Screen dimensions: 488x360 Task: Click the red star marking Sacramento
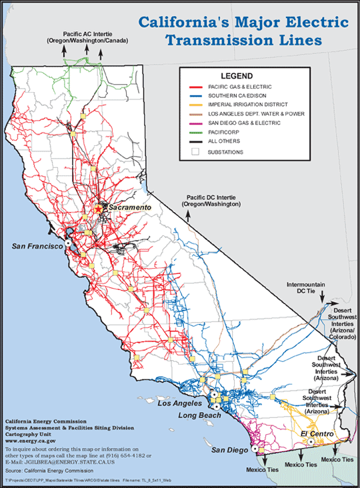coord(99,209)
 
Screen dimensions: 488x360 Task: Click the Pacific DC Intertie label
coord(214,201)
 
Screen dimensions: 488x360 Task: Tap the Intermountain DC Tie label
coord(306,288)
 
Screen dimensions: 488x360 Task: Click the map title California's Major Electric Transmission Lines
coord(243,31)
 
